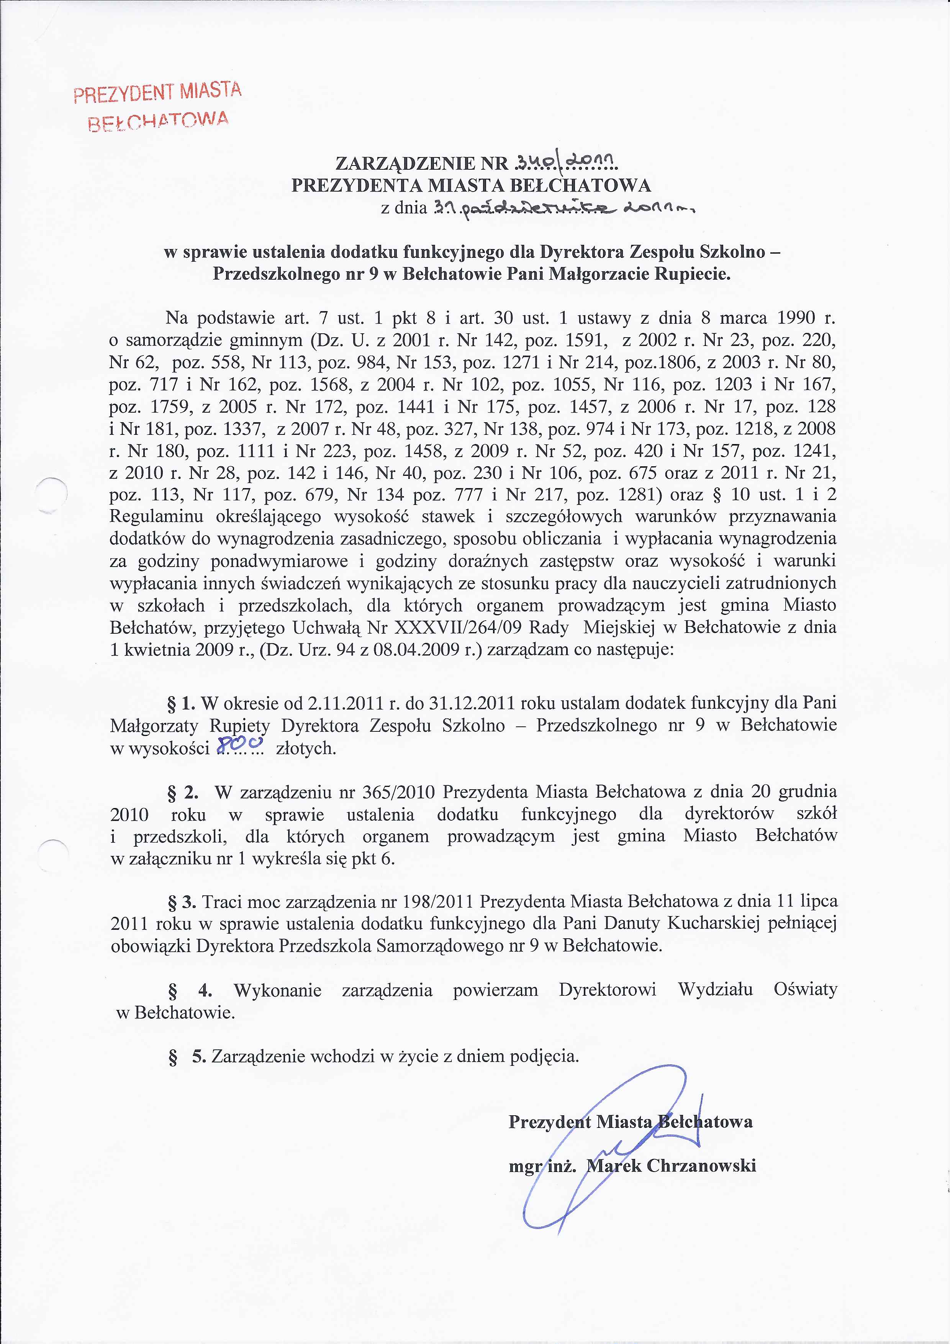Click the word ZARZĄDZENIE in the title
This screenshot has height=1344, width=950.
coord(405,163)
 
